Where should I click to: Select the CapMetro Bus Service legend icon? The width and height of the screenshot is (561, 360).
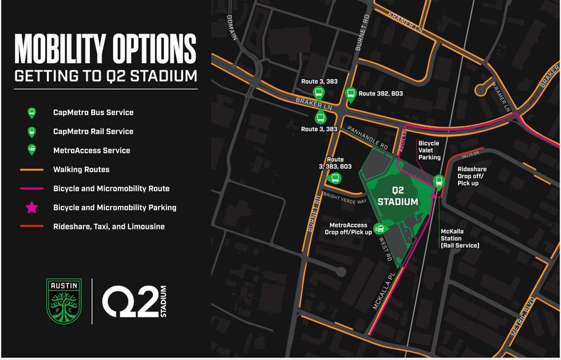[31, 113]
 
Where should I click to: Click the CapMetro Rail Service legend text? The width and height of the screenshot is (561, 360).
[93, 131]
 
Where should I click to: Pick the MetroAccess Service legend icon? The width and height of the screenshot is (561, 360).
[31, 150]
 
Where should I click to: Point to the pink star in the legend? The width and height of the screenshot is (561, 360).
[31, 207]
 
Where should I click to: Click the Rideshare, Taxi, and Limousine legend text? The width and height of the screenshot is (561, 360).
[109, 226]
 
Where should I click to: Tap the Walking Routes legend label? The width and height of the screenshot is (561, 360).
[81, 169]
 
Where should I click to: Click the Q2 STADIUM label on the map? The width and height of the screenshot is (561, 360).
[398, 196]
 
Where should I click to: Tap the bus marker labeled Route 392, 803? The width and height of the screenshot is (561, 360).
[349, 95]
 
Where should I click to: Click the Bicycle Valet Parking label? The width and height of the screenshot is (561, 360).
[428, 150]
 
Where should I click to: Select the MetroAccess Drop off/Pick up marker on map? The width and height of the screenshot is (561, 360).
[380, 228]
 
